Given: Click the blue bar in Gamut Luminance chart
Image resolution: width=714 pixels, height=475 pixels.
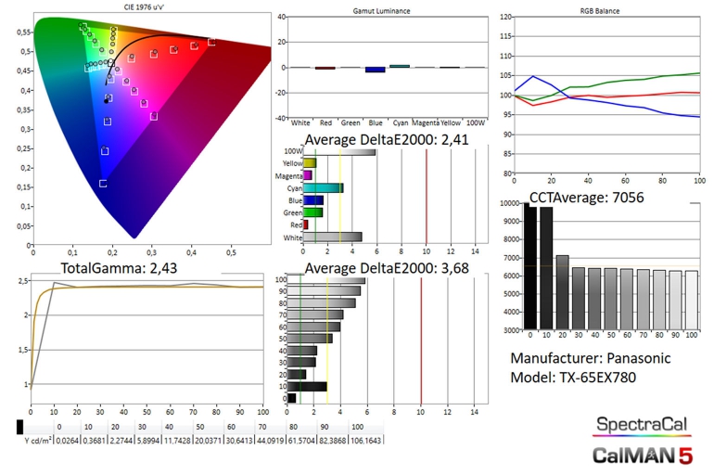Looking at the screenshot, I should pos(375,70).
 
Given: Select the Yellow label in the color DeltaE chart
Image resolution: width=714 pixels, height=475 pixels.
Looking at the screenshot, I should pos(292,163).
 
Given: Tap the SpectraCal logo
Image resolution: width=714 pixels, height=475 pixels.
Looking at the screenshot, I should pos(642,425).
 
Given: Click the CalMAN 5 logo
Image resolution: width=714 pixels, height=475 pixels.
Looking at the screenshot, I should pos(642,455).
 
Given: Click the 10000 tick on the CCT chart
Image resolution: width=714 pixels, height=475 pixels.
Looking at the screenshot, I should pos(509,203).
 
